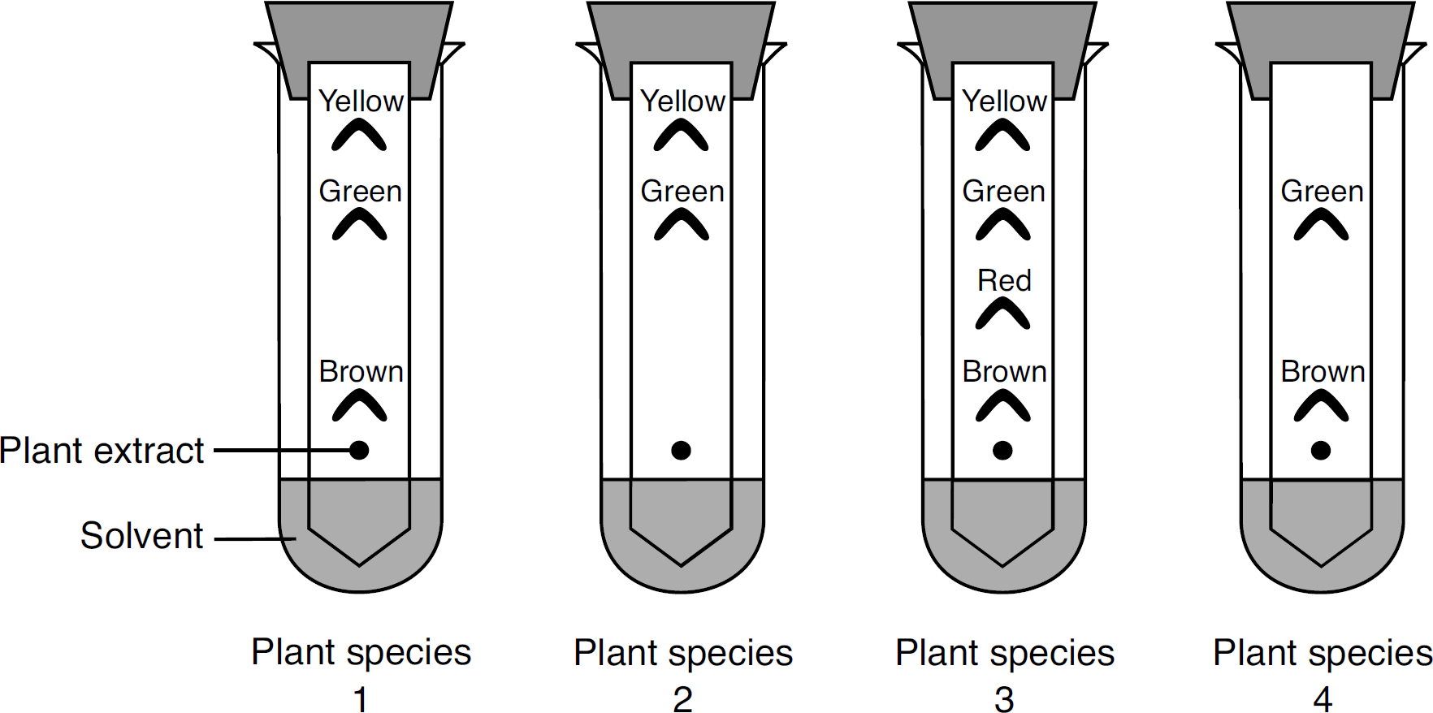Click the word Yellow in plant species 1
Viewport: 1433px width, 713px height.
point(361,102)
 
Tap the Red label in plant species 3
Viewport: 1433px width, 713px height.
point(1004,281)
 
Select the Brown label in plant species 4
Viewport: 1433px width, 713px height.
point(1323,372)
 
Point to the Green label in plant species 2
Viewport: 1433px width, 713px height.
point(682,192)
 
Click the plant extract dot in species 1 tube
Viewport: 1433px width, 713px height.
point(359,450)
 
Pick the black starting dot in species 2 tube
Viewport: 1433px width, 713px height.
point(681,450)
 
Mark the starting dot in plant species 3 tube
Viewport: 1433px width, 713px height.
point(1002,450)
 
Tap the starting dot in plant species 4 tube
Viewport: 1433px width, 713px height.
point(1321,450)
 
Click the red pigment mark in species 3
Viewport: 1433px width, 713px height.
point(1002,313)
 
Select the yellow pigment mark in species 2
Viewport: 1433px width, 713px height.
point(681,135)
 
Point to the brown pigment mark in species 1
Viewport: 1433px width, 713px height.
point(359,405)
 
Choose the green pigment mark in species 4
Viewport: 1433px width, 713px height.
point(1321,224)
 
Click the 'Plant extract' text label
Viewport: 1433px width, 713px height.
point(102,451)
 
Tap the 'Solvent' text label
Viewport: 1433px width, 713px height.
point(141,536)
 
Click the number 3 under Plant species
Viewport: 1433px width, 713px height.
point(1004,698)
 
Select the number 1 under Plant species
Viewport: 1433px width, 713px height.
point(361,698)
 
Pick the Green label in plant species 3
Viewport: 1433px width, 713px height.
point(1004,192)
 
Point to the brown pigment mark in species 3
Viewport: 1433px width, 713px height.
point(1002,405)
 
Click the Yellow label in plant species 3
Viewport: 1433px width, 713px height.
point(1004,102)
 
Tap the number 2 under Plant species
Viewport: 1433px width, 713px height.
point(682,698)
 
